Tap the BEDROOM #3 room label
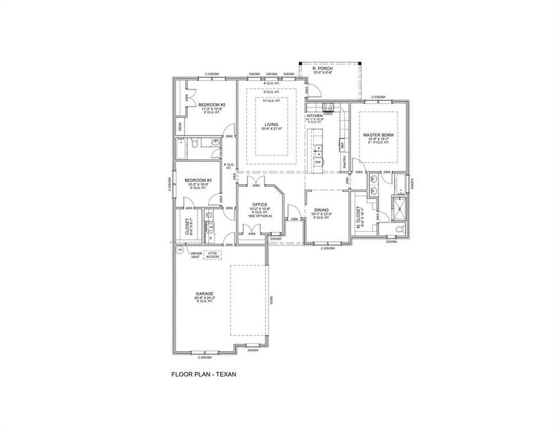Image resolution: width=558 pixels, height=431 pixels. click(x=198, y=180)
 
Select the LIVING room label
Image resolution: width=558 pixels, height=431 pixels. click(x=271, y=124)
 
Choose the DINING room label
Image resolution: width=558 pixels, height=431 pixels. click(x=322, y=210)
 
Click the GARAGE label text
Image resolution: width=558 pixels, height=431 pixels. click(x=206, y=293)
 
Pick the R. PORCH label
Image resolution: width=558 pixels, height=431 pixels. click(x=324, y=68)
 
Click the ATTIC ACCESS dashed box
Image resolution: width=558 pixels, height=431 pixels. click(x=213, y=255)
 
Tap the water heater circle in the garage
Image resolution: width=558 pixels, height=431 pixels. click(x=179, y=250)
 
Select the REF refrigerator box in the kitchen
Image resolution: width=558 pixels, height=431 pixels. click(x=341, y=145)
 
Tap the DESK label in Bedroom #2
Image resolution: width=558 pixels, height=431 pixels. click(x=181, y=128)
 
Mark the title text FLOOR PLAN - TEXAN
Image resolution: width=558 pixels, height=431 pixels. click(x=203, y=375)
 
